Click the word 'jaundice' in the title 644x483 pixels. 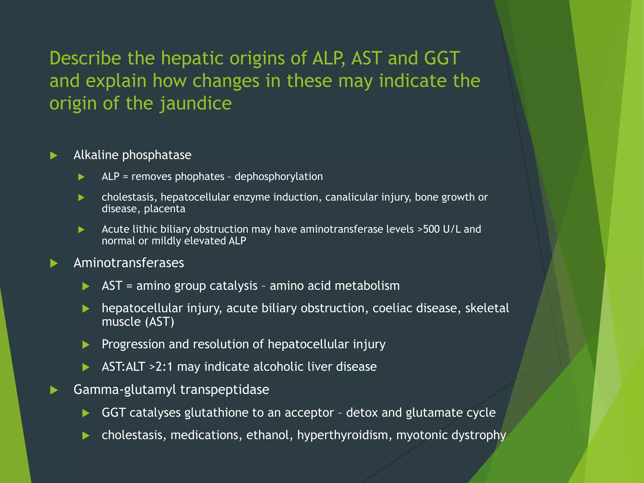coord(195,104)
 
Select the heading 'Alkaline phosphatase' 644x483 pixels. coord(132,155)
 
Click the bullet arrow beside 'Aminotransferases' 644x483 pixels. coord(54,264)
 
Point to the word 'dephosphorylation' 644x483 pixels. coord(279,177)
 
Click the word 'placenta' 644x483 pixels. coord(164,209)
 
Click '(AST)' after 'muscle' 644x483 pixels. coord(160,322)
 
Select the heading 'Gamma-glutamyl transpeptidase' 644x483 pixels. coord(171,390)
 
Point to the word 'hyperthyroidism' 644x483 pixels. coord(344,435)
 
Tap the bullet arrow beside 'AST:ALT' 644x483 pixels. coord(86,367)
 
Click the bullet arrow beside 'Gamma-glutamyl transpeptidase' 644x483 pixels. coord(54,391)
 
